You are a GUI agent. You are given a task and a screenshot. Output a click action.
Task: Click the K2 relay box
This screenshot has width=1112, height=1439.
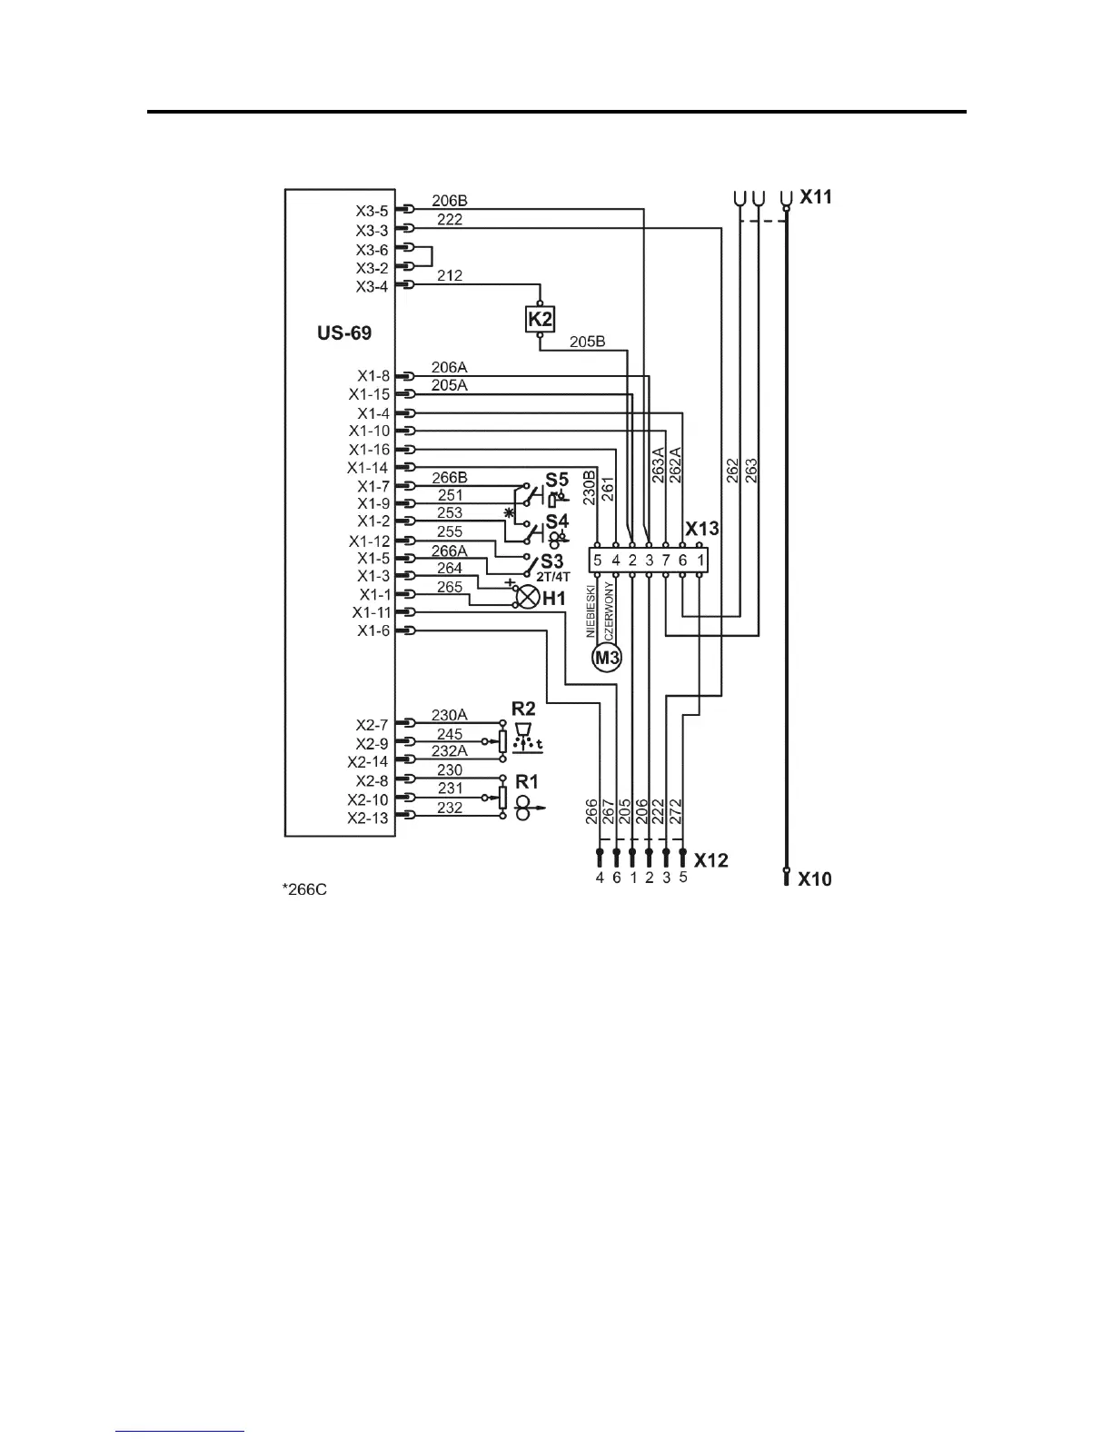[x=540, y=319]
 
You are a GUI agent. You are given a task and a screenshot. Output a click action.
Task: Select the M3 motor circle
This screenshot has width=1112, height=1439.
[x=606, y=657]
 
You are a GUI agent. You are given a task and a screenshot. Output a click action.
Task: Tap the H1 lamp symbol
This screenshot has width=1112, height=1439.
[x=528, y=597]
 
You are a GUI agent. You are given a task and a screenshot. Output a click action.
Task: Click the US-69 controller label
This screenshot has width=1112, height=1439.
[x=344, y=333]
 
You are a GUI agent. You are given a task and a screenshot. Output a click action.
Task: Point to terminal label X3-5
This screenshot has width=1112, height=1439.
[x=372, y=211]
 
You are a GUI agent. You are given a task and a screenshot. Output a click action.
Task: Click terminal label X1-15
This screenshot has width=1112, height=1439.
[x=369, y=394]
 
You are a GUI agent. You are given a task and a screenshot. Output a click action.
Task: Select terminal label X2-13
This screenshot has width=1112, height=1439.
[x=368, y=818]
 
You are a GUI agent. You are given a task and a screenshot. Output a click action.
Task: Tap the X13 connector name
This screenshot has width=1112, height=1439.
[x=701, y=530]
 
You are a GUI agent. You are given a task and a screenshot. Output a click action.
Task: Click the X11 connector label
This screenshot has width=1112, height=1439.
[x=815, y=197]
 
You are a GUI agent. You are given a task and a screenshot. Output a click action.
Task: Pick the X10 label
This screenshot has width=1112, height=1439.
[x=815, y=879]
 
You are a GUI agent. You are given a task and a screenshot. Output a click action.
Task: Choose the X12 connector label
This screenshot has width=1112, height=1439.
[x=711, y=859]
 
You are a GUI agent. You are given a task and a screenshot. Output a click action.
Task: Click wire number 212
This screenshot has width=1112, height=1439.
[x=450, y=275]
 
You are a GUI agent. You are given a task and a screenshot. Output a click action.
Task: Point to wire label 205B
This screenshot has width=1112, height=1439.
[x=587, y=342]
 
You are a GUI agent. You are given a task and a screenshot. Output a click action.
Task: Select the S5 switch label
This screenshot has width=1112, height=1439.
[x=557, y=480]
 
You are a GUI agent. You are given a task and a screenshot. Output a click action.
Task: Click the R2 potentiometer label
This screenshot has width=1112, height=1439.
[x=523, y=708]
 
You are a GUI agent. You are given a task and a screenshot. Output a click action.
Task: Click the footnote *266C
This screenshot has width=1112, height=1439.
[x=304, y=889]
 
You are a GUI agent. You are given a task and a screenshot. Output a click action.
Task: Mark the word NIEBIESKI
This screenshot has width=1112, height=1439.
[x=591, y=610]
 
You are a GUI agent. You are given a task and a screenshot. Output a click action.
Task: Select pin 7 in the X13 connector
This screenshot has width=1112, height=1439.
[x=666, y=561]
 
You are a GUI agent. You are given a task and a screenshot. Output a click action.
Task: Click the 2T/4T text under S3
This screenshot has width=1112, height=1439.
[x=553, y=576]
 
